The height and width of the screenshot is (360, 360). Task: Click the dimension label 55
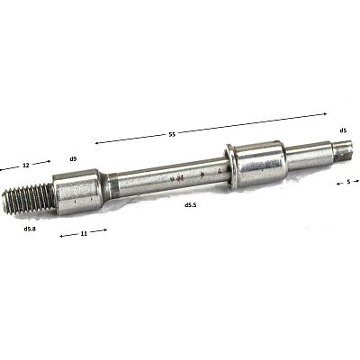click(x=172, y=134)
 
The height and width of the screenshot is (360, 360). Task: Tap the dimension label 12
click(x=26, y=165)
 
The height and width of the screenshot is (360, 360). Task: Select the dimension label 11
click(x=84, y=233)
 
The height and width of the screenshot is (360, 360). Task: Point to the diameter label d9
click(x=73, y=158)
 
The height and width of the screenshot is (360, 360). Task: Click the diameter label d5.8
click(x=30, y=229)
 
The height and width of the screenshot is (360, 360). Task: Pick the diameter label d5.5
click(x=191, y=205)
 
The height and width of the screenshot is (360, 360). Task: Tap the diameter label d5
click(x=343, y=130)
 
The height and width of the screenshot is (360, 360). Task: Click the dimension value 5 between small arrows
click(x=348, y=182)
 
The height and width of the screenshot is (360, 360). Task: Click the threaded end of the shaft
click(x=29, y=200)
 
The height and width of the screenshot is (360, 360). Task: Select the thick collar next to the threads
click(x=76, y=192)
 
